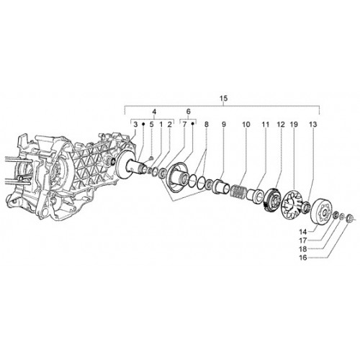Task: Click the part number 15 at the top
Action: coord(223,99)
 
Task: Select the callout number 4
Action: coord(154,112)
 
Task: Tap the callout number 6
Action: coord(188,112)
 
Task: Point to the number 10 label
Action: coord(246,125)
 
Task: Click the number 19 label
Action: coord(294,125)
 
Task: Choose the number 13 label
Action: coord(313,125)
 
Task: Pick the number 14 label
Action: coord(303,232)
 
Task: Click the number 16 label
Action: coord(303,258)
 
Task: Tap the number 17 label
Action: coord(303,240)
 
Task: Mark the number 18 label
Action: coord(303,248)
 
